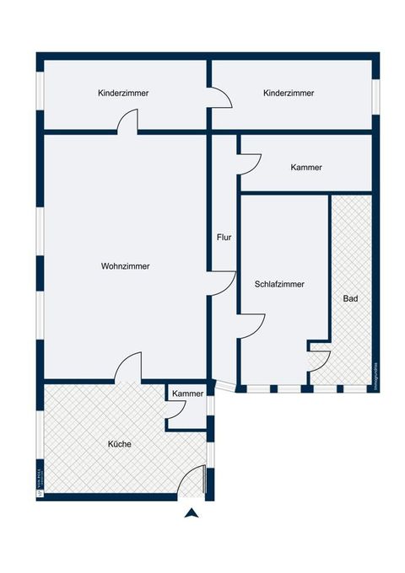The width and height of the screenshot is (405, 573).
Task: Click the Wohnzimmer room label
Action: [x=125, y=266]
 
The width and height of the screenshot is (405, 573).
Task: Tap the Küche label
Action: [x=119, y=444]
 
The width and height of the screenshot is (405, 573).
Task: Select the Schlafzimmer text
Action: [x=279, y=285]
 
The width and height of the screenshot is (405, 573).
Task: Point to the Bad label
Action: [x=350, y=299]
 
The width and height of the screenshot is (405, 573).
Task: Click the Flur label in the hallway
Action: [x=224, y=238]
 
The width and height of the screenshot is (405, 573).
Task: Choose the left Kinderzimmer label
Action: [x=123, y=94]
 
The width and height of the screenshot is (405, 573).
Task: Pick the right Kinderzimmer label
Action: [x=289, y=94]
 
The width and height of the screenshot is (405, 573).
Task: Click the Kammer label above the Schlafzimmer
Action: [x=305, y=168]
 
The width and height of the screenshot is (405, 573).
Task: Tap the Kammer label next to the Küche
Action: [x=187, y=394]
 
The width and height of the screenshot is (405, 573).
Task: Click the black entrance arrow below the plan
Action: [x=192, y=512]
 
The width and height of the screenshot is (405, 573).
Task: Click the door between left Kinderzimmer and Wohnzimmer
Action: [x=127, y=123]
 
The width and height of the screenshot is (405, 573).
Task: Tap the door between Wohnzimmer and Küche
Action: [x=128, y=367]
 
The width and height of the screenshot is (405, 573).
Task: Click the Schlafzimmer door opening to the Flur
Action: [x=251, y=325]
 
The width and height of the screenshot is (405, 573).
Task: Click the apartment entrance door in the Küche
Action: [x=196, y=480]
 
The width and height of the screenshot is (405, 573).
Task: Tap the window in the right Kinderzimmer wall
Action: [x=377, y=92]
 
